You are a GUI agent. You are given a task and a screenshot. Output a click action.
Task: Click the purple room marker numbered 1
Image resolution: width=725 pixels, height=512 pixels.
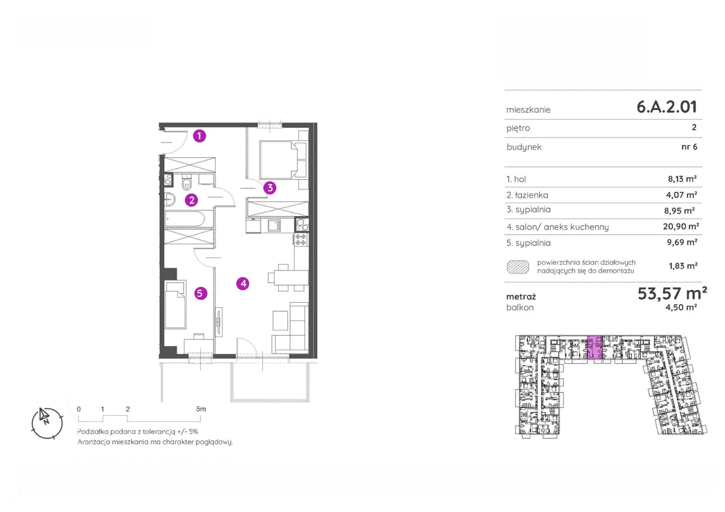(199, 136)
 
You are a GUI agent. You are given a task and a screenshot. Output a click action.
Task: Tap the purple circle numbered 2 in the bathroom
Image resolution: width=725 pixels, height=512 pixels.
(191, 200)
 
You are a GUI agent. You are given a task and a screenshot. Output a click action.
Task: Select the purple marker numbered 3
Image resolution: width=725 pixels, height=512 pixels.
(270, 188)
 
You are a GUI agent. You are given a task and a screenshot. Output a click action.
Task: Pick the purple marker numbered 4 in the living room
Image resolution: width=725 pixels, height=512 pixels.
(243, 283)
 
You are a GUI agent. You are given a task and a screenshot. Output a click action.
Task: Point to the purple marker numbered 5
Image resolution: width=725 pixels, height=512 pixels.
(201, 293)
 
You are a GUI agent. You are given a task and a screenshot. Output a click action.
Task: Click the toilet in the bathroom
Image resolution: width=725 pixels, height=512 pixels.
(187, 183)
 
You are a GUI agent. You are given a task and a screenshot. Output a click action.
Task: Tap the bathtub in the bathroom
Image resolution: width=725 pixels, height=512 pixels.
(185, 219)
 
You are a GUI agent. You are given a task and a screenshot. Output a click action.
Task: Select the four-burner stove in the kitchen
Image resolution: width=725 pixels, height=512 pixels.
(301, 240)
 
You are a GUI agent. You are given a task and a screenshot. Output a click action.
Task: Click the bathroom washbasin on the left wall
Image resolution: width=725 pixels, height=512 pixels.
(169, 200)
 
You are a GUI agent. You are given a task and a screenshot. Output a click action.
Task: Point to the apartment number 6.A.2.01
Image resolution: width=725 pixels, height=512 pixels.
(667, 107)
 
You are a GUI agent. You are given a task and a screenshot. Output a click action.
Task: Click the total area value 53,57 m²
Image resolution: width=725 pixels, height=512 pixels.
(672, 294)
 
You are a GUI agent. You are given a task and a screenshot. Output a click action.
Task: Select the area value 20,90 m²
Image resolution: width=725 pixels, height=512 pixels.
(681, 226)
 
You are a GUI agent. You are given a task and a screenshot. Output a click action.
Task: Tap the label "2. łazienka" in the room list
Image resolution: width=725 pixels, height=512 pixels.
(527, 195)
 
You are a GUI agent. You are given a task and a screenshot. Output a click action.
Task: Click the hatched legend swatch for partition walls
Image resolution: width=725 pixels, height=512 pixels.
(518, 267)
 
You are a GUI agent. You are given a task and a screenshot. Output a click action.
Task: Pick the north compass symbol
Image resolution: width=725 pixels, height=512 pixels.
(47, 423)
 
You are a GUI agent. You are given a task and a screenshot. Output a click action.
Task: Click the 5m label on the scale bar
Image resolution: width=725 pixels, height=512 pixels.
(201, 409)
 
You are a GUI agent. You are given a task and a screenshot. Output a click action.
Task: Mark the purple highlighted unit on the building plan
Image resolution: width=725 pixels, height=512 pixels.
(595, 347)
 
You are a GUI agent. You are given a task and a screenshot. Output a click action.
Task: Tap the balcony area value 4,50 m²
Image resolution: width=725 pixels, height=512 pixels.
(681, 307)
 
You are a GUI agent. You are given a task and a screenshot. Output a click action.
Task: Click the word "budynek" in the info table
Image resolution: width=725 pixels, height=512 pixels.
(524, 147)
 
